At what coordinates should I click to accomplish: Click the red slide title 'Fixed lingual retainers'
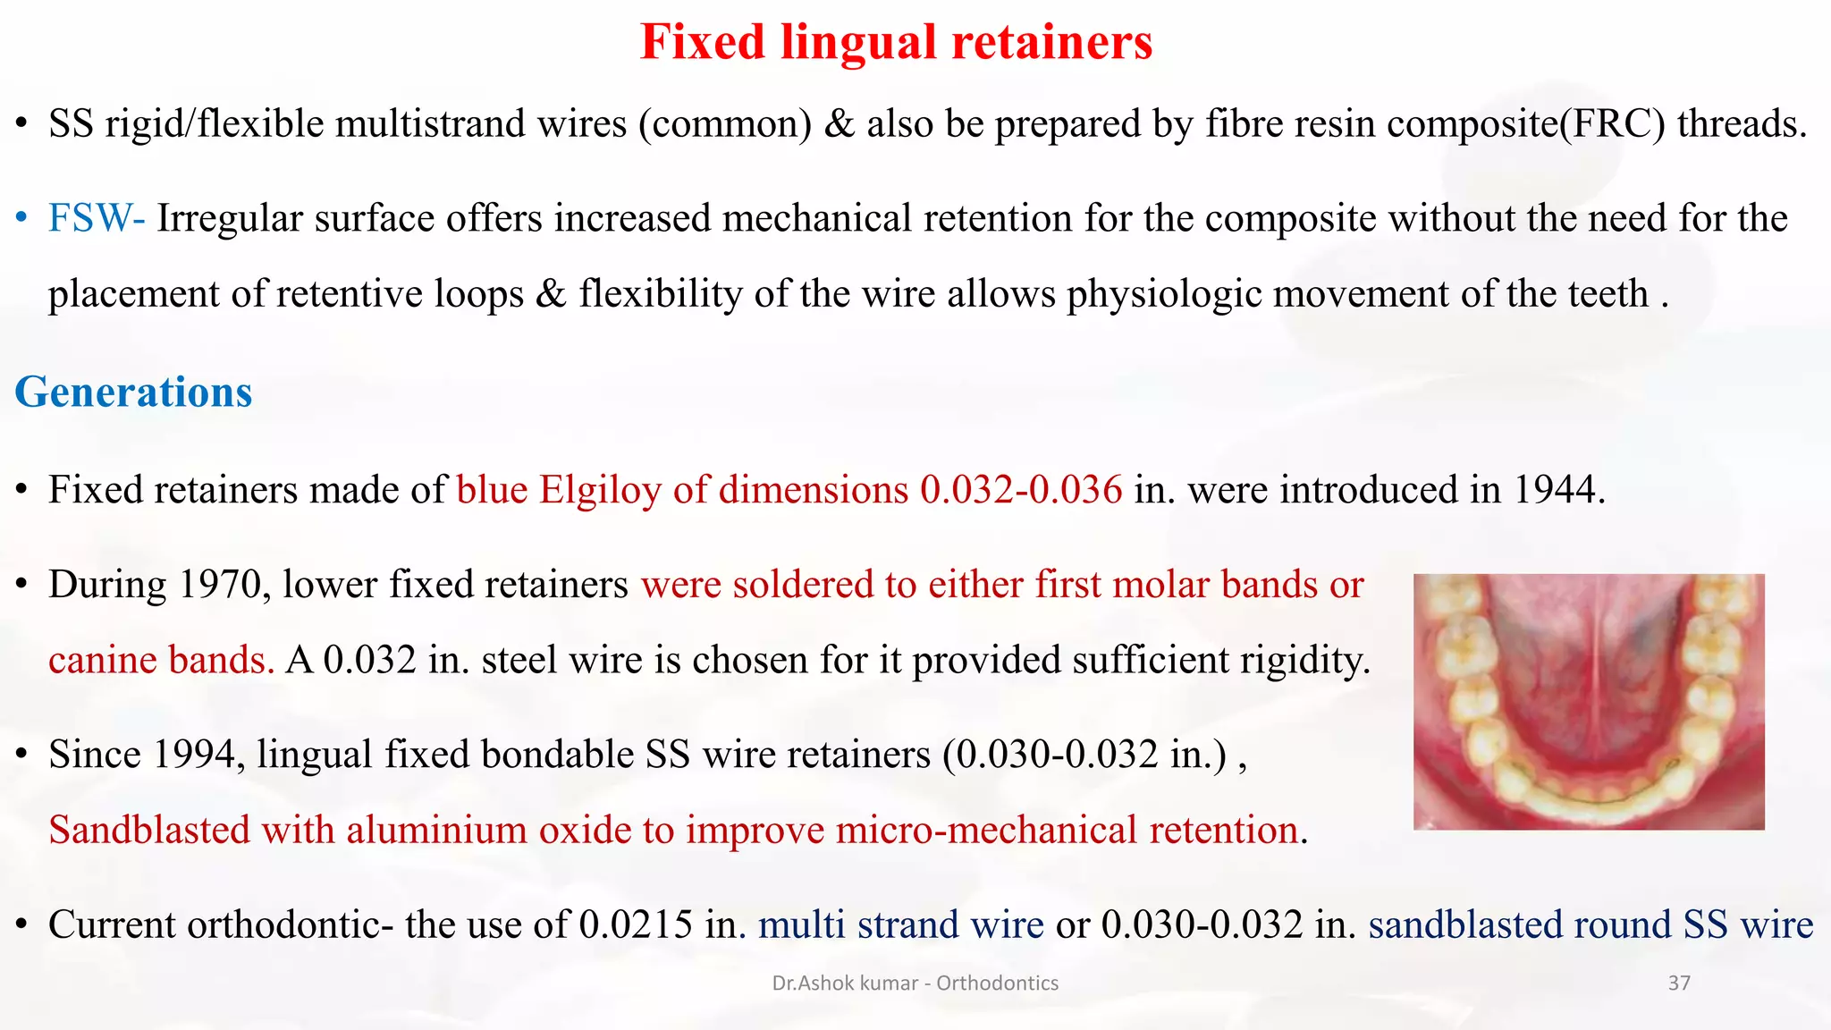(x=896, y=41)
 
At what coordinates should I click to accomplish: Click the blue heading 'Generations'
(x=133, y=392)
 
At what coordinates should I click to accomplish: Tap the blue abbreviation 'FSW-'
(x=97, y=218)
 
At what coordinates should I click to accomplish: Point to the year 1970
(x=224, y=585)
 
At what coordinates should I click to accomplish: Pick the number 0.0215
(x=635, y=924)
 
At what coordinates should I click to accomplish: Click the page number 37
(x=1679, y=984)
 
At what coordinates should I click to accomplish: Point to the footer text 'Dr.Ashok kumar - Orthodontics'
(x=915, y=984)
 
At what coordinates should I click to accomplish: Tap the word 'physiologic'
(x=1163, y=294)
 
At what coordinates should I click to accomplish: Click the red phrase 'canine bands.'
(x=161, y=661)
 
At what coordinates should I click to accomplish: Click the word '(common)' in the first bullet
(x=724, y=123)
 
